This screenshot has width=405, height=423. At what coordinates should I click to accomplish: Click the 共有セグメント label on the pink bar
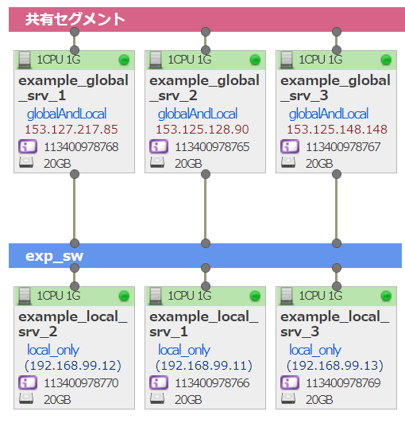[75, 19]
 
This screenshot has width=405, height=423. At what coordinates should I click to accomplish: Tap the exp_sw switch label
[54, 256]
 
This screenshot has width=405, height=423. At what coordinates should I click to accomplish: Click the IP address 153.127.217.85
[71, 130]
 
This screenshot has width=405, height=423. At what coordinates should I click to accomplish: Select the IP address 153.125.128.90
[202, 130]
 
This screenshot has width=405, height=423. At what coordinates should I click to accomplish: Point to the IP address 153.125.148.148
[337, 130]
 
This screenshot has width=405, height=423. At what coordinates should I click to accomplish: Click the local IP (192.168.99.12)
[73, 366]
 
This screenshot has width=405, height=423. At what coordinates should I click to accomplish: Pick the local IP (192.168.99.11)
[204, 366]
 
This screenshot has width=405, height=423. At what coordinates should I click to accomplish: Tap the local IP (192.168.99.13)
[334, 366]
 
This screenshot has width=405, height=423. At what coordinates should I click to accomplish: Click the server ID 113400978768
[81, 147]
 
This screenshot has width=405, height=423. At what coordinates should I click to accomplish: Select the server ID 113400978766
[212, 383]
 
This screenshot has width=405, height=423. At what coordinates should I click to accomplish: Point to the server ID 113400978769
[343, 383]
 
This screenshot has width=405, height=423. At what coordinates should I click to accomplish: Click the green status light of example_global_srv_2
[255, 60]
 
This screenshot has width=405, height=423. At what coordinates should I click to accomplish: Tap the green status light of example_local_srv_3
[386, 296]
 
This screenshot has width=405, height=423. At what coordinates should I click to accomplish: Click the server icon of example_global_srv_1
[25, 60]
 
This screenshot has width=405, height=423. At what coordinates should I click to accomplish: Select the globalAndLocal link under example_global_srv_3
[329, 114]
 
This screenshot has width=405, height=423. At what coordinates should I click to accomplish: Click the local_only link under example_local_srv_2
[53, 350]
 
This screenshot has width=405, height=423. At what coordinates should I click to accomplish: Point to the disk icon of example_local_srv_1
[157, 398]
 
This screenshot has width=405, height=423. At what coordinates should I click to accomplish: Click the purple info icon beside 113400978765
[159, 146]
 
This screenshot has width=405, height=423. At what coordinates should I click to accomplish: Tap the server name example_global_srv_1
[73, 88]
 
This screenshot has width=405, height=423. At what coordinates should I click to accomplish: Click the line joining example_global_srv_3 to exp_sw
[336, 209]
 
